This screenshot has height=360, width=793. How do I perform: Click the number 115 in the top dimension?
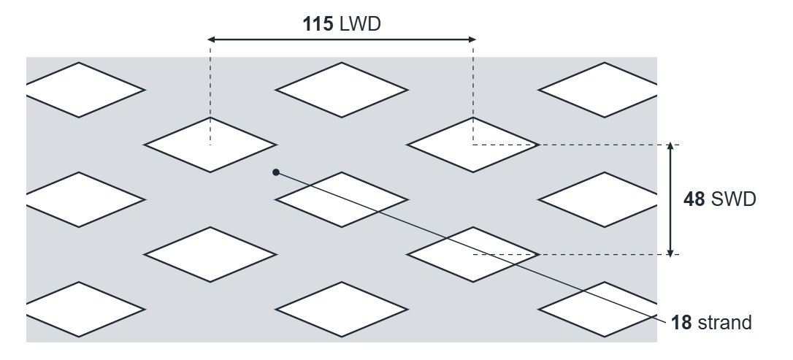pyautogui.click(x=318, y=24)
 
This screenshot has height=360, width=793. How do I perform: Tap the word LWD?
pyautogui.click(x=360, y=24)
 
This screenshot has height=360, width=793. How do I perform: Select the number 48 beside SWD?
pyautogui.click(x=694, y=199)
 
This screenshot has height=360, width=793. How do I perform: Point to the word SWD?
pyautogui.click(x=733, y=199)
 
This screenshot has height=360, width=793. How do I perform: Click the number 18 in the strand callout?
pyautogui.click(x=681, y=323)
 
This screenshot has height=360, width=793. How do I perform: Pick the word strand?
pyautogui.click(x=724, y=323)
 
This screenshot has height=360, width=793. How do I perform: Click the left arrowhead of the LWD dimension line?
pyautogui.click(x=212, y=39)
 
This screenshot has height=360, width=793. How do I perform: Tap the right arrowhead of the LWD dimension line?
pyautogui.click(x=472, y=39)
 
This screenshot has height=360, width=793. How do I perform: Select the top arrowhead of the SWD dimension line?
pyautogui.click(x=670, y=146)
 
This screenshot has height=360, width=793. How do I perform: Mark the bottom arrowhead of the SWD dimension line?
pyautogui.click(x=670, y=253)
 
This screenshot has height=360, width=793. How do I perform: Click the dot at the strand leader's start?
pyautogui.click(x=275, y=172)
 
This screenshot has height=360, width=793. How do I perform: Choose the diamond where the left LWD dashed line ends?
pyautogui.click(x=210, y=145)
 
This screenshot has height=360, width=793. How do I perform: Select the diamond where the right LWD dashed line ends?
pyautogui.click(x=473, y=145)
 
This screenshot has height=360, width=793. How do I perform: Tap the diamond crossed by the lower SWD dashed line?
pyautogui.click(x=473, y=255)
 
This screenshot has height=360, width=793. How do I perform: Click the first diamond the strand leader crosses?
pyautogui.click(x=342, y=200)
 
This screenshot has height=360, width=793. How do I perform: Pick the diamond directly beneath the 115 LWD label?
pyautogui.click(x=342, y=90)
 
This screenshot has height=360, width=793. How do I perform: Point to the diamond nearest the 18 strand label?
pyautogui.click(x=602, y=310)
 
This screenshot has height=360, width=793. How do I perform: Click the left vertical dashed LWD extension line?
pyautogui.click(x=210, y=92)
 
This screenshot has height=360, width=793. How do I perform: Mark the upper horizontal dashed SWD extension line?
pyautogui.click(x=576, y=145)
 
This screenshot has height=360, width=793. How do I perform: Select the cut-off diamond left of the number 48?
pyautogui.click(x=602, y=200)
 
